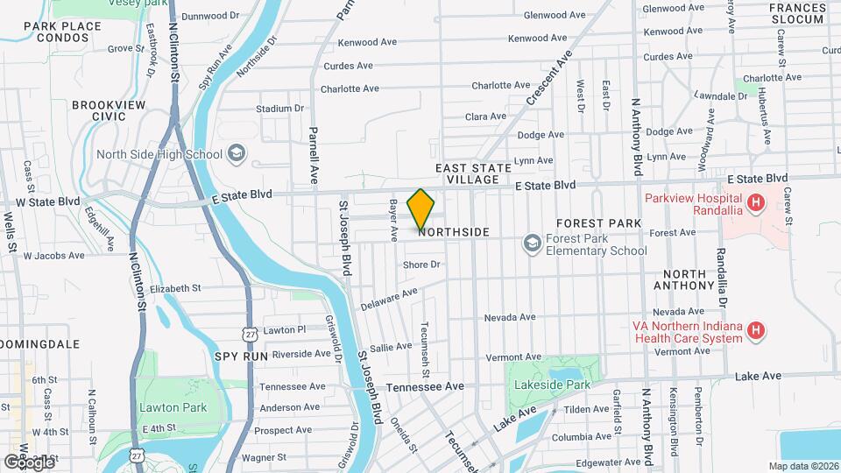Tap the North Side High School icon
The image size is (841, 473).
click(x=235, y=154)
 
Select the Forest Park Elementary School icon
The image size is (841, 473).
click(x=532, y=242)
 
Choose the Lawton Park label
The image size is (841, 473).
click(x=173, y=407)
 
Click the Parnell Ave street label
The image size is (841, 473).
click(x=313, y=155)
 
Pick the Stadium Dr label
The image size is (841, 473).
click(x=279, y=109)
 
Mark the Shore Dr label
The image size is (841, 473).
click(x=420, y=265)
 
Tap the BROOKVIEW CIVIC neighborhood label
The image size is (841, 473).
click(x=108, y=109)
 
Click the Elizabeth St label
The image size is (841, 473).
click(x=175, y=287)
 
